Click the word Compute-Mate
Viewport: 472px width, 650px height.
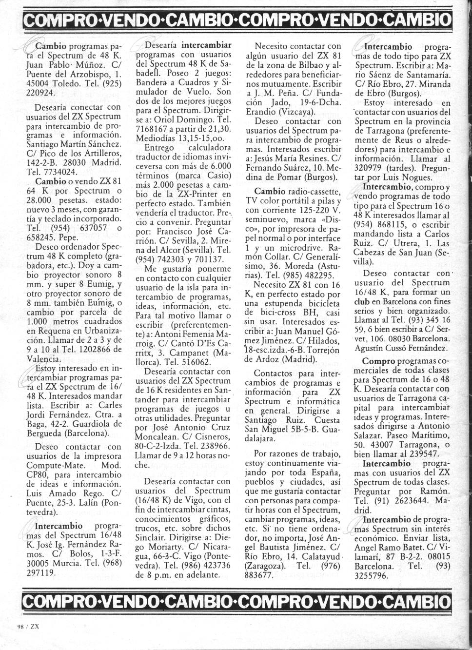coord(57,465)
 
